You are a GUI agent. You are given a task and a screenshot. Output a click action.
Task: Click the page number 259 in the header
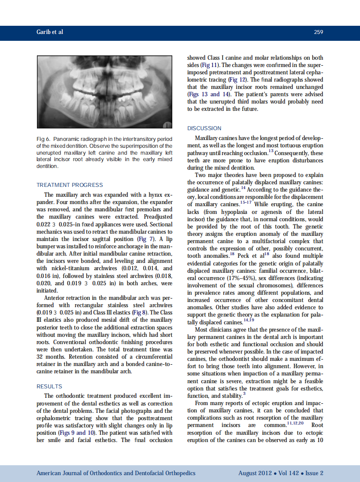pos(318,32)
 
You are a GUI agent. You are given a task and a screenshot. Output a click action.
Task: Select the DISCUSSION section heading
pos(204,128)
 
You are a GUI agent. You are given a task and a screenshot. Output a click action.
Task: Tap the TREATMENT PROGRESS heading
pos(70,185)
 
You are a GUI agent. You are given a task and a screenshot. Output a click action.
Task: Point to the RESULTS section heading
pos(49,387)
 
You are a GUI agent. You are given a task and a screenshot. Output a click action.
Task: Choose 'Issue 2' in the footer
pos(314,473)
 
